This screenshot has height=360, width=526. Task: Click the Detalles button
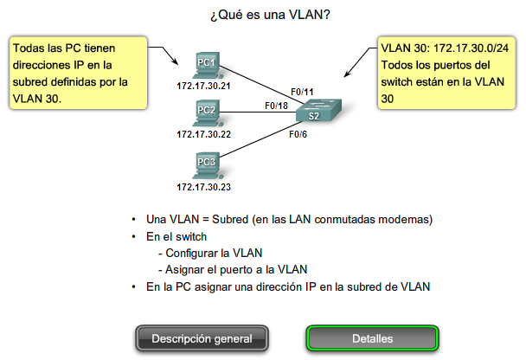[x=373, y=338]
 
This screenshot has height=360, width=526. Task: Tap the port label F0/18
[x=275, y=106]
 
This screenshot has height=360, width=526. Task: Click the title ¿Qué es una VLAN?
[x=263, y=16]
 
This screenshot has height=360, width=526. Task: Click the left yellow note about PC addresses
[x=74, y=74]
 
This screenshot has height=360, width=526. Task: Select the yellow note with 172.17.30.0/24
[x=446, y=74]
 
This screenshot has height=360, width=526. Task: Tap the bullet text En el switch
[x=177, y=235]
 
